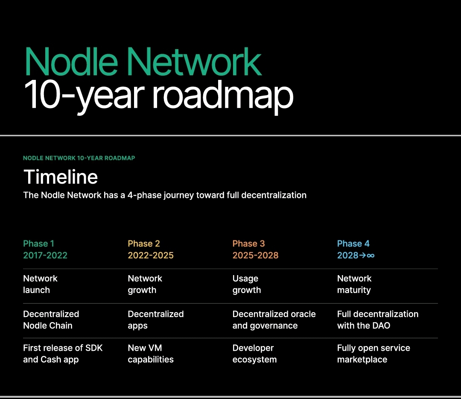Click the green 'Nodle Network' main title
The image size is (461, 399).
coord(143,62)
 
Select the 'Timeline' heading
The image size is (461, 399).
coord(61,177)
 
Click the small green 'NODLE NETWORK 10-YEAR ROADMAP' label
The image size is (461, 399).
coord(79,158)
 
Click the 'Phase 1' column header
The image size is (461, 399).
coord(38,244)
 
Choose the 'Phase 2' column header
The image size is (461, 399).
coord(144,244)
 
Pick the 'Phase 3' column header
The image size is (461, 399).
coord(249,244)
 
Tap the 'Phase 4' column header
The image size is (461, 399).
coord(353,244)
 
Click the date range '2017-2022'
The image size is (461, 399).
coord(45,255)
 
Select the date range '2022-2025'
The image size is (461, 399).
coord(151,255)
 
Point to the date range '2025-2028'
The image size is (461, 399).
coord(256,255)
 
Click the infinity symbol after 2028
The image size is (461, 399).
coord(371,255)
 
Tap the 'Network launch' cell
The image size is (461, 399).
coord(40,284)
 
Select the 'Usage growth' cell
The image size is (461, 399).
coord(247,284)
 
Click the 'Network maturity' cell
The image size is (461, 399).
coord(354,284)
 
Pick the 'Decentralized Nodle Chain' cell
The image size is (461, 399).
coord(51,320)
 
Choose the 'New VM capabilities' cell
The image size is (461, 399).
coord(151,354)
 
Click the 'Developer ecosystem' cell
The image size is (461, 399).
coord(254,354)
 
